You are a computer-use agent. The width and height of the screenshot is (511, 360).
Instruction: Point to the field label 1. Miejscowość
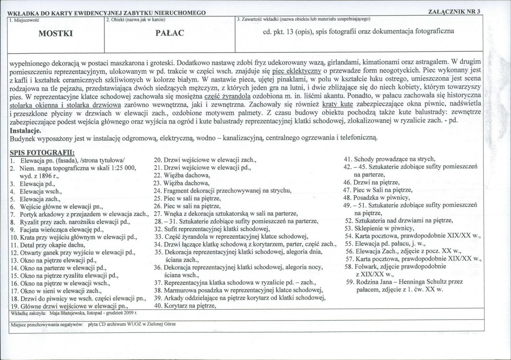pos(22,19)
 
